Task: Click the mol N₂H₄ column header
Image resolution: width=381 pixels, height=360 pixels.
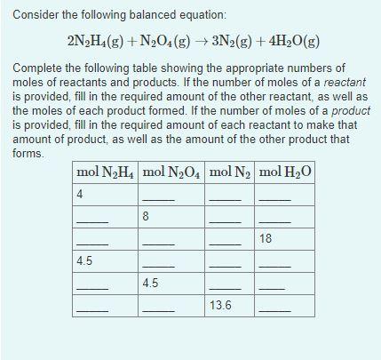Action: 106,172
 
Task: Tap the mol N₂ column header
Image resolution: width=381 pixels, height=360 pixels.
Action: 229,172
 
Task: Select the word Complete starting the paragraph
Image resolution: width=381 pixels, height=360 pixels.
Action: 41,67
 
